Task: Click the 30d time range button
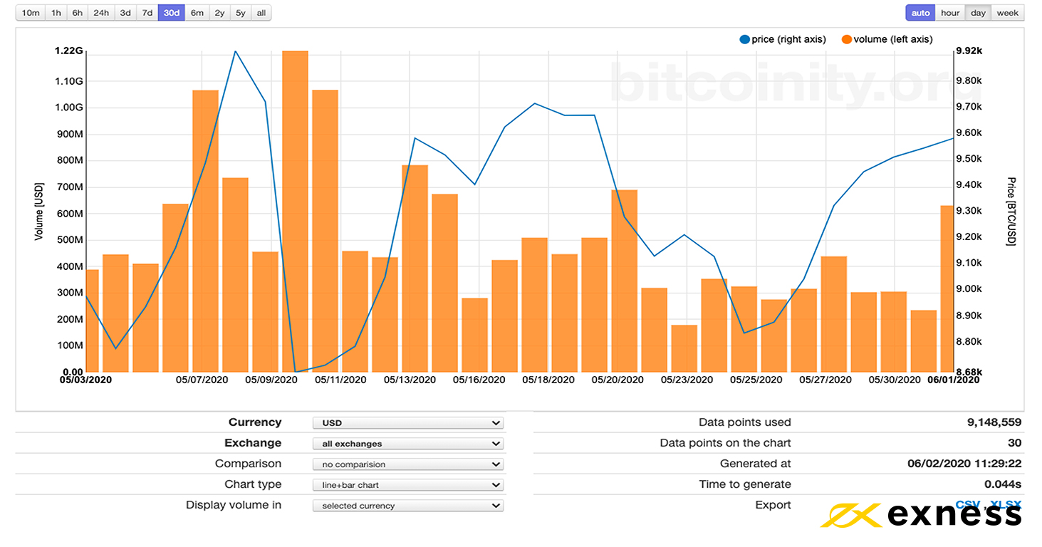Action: [x=171, y=13]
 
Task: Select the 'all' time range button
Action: [x=261, y=13]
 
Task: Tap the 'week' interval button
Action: [x=1007, y=13]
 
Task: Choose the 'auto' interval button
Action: [x=920, y=13]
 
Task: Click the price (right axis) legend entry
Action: [x=783, y=39]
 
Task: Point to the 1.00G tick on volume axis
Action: [x=69, y=108]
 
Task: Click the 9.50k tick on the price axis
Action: [x=968, y=159]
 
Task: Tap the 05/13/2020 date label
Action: [x=410, y=380]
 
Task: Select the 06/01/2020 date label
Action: [x=953, y=380]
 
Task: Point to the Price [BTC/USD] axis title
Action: [x=1011, y=212]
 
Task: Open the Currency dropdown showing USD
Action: [x=407, y=423]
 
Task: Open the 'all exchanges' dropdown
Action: [x=407, y=444]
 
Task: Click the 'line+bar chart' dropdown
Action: [x=407, y=485]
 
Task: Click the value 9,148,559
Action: [x=994, y=422]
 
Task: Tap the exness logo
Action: [x=922, y=515]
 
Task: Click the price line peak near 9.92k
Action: [x=235, y=51]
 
